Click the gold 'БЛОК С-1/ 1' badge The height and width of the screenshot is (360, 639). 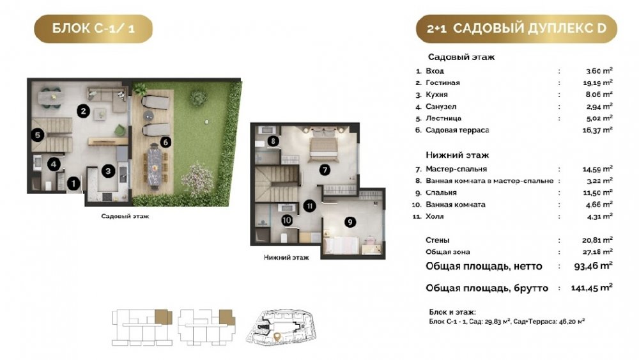[93, 29]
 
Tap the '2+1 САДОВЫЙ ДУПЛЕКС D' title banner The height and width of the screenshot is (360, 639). [516, 29]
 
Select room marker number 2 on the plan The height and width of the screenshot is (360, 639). [83, 111]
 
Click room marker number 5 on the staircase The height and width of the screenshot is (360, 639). [38, 135]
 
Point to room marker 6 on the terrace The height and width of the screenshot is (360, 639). [166, 142]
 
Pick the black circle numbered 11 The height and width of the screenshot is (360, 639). [310, 206]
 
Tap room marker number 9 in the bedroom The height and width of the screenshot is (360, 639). [350, 222]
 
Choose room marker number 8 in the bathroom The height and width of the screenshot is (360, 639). [273, 141]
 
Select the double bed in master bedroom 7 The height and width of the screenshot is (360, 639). [323, 145]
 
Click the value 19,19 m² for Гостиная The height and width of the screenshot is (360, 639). [598, 82]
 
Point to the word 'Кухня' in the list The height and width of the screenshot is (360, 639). [436, 95]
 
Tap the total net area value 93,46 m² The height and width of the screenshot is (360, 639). [593, 266]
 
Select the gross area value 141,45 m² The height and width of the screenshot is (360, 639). [592, 288]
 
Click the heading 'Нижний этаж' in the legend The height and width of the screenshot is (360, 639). [458, 155]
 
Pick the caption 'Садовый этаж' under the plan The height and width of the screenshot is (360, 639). [125, 216]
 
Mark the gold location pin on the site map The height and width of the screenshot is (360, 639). [277, 337]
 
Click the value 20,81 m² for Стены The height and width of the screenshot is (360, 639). [597, 240]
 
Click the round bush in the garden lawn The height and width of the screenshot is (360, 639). [198, 98]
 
